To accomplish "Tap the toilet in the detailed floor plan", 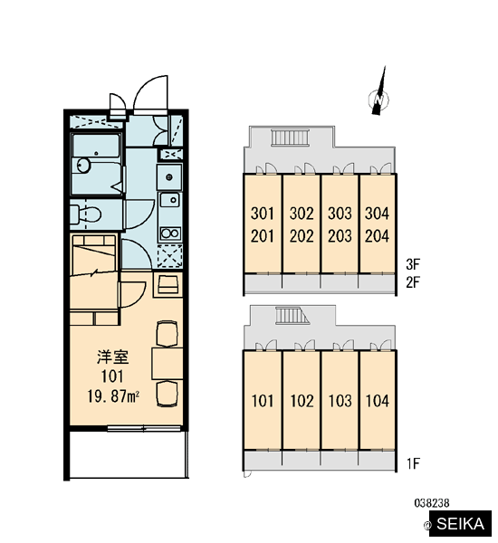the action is [x=85, y=214].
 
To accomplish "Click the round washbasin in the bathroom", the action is [x=83, y=166].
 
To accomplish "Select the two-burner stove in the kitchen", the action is [x=170, y=233].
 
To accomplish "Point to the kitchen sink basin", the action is [x=170, y=200].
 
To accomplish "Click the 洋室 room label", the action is [x=113, y=357].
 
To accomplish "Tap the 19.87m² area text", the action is [x=113, y=396].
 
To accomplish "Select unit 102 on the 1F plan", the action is [x=302, y=401].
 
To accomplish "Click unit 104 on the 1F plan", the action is [x=378, y=401].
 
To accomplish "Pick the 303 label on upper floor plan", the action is [x=340, y=214].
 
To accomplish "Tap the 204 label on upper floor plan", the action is [x=377, y=236].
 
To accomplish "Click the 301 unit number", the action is [x=263, y=214].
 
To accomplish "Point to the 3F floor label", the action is [x=413, y=264].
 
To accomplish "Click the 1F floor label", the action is [x=413, y=463].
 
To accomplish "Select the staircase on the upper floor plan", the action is [x=290, y=138].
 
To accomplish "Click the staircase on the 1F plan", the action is [x=292, y=315].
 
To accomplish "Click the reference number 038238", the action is [x=432, y=502].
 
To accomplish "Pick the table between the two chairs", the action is [x=168, y=364].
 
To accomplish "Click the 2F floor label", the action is [x=413, y=282].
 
